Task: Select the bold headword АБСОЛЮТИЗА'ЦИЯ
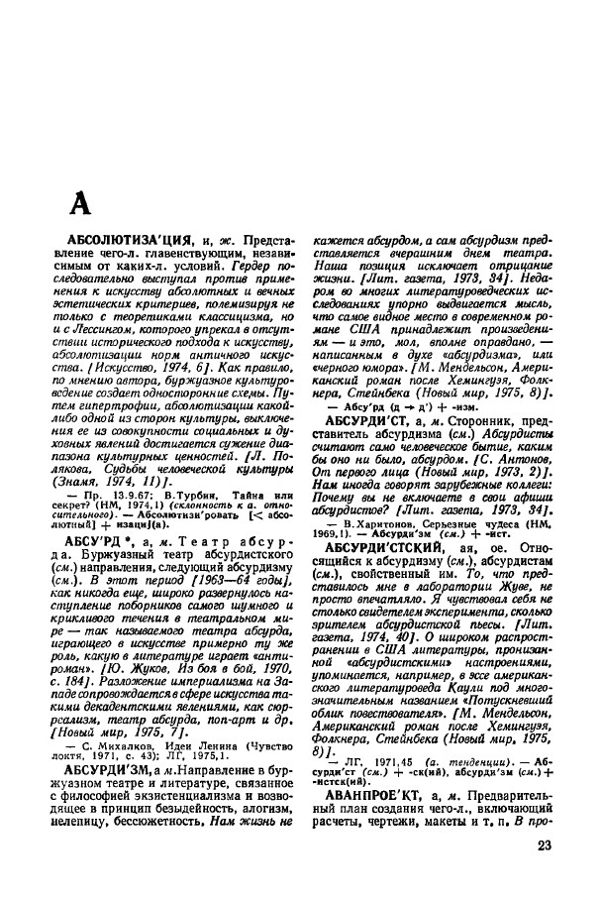click(x=137, y=241)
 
